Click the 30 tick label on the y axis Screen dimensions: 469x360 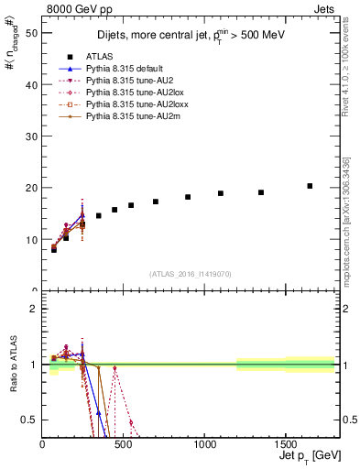[x=34, y=136]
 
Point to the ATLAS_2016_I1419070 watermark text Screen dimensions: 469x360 [x=191, y=274]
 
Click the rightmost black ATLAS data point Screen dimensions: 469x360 [x=310, y=186]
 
